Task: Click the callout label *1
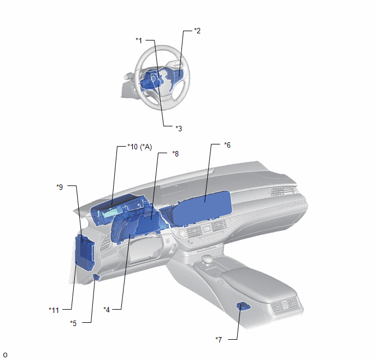click(139, 40)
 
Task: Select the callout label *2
click(197, 31)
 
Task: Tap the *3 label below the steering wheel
click(179, 129)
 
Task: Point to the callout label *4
click(107, 310)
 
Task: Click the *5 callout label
click(73, 323)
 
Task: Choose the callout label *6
click(227, 145)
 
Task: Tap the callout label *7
click(219, 340)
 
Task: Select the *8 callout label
click(175, 154)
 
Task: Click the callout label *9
click(60, 187)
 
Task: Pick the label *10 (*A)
click(139, 147)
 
